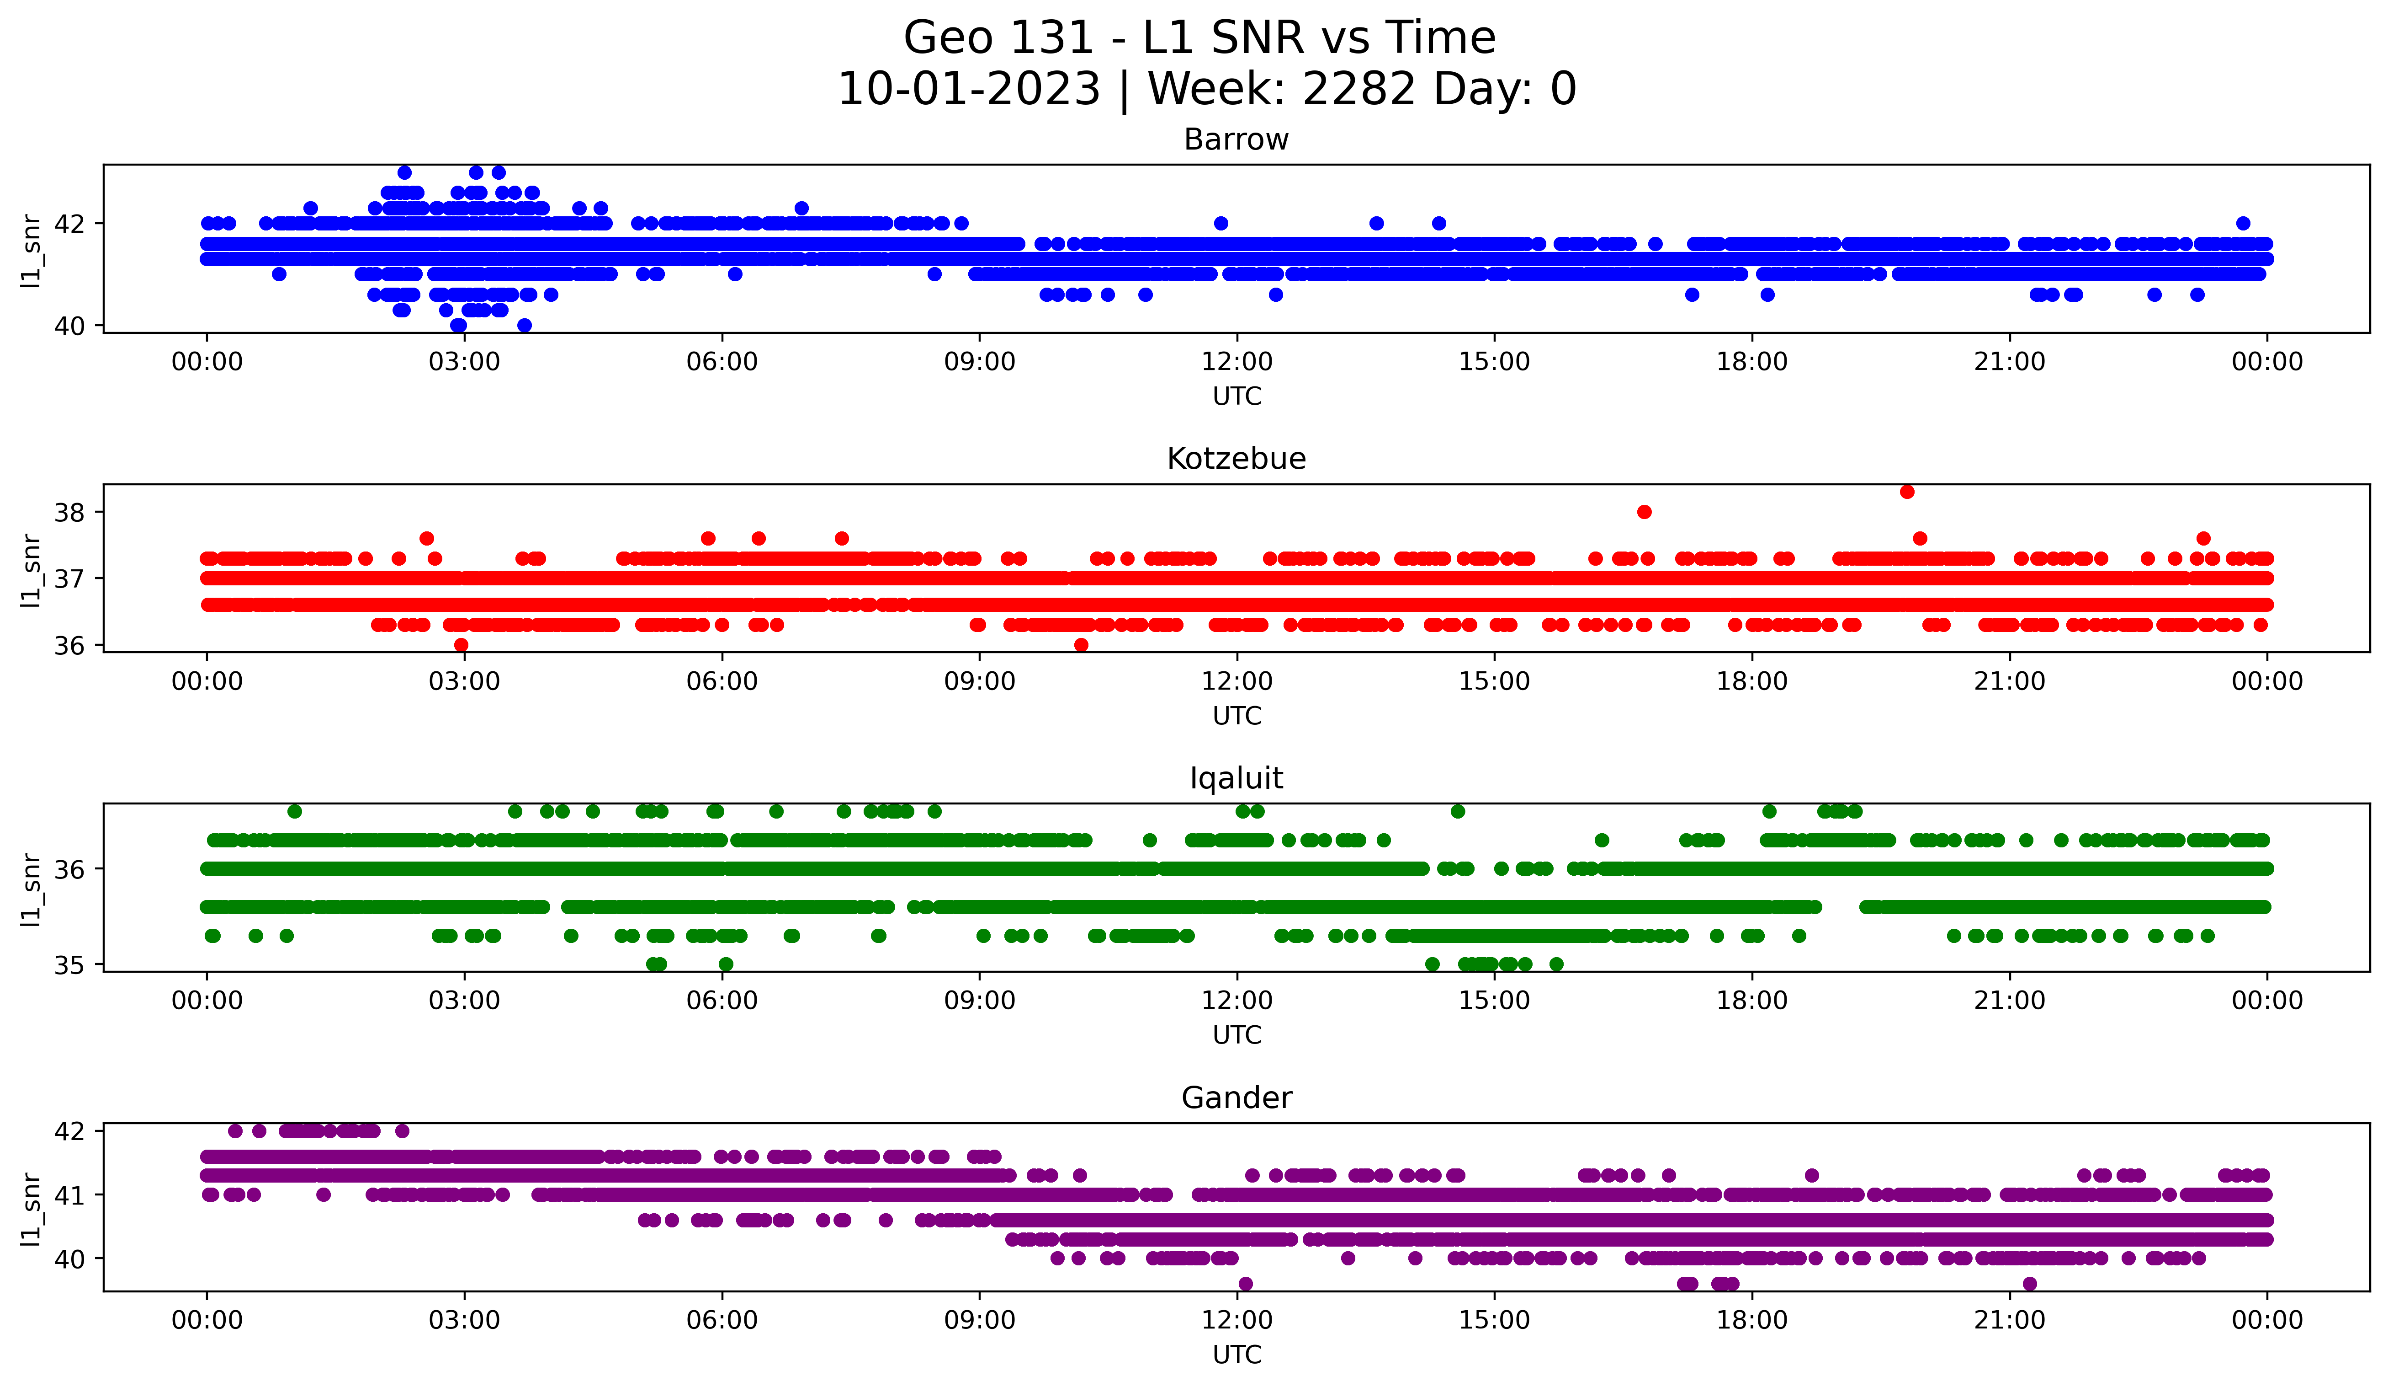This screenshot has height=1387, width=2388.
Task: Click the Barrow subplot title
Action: click(x=1236, y=139)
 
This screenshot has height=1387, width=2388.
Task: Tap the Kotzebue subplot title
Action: click(x=1236, y=459)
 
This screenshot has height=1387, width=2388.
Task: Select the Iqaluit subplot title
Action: click(x=1236, y=778)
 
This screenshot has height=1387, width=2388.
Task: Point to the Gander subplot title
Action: click(x=1236, y=1098)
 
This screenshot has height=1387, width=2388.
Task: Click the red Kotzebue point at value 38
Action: click(x=1644, y=512)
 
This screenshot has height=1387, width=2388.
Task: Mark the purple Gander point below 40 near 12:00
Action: click(x=1245, y=1284)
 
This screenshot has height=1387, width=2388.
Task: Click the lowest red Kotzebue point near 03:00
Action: click(x=462, y=645)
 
